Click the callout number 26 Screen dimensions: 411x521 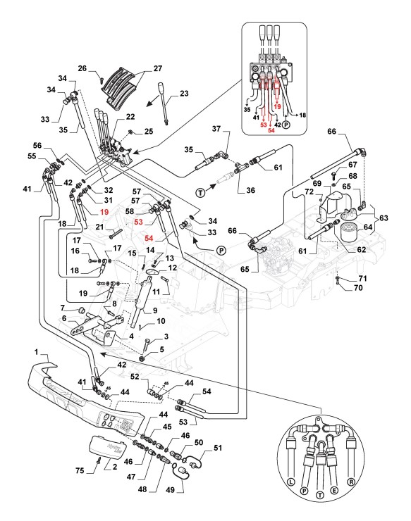coord(82,68)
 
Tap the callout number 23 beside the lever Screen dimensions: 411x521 coord(184,94)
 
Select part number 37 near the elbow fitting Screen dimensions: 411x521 coord(216,128)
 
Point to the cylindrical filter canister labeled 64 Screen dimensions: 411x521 coord(348,232)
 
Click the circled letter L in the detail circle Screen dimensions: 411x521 coord(291,482)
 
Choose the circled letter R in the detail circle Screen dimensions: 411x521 coord(351,482)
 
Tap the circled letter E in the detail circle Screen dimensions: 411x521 coord(334,491)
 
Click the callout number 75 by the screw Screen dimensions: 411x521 coord(80,470)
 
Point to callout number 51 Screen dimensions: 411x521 coord(218,448)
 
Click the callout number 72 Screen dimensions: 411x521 coord(309,192)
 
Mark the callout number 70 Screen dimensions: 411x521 coord(357,287)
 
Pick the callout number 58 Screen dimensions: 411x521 coord(130,211)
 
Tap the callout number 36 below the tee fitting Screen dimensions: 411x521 coord(250,190)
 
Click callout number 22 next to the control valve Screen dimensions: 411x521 coord(130,117)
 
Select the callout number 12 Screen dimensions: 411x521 coord(173,268)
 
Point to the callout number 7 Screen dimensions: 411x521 coord(62,308)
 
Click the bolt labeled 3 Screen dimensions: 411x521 coord(146,344)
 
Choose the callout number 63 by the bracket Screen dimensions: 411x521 coord(384,218)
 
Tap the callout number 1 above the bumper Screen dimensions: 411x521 coord(37,351)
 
